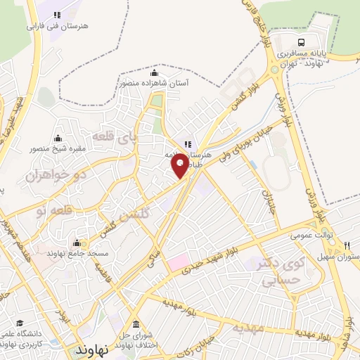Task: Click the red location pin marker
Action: tap(180, 165)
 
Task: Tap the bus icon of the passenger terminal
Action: tap(302, 41)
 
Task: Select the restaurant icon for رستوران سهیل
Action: tap(347, 245)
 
